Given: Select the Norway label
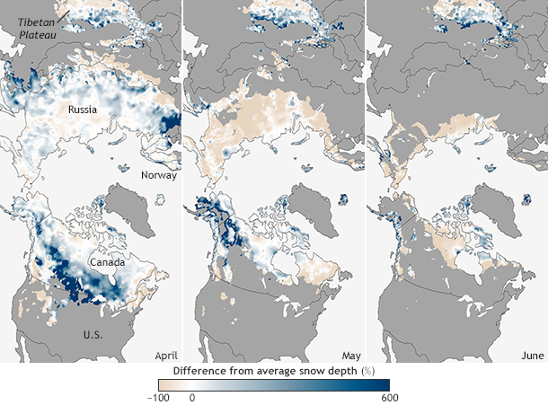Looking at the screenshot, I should (160, 176).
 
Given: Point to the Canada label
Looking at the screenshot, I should (108, 262).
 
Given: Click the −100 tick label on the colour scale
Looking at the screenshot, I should (159, 397).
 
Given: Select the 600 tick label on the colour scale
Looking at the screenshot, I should (389, 397).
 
